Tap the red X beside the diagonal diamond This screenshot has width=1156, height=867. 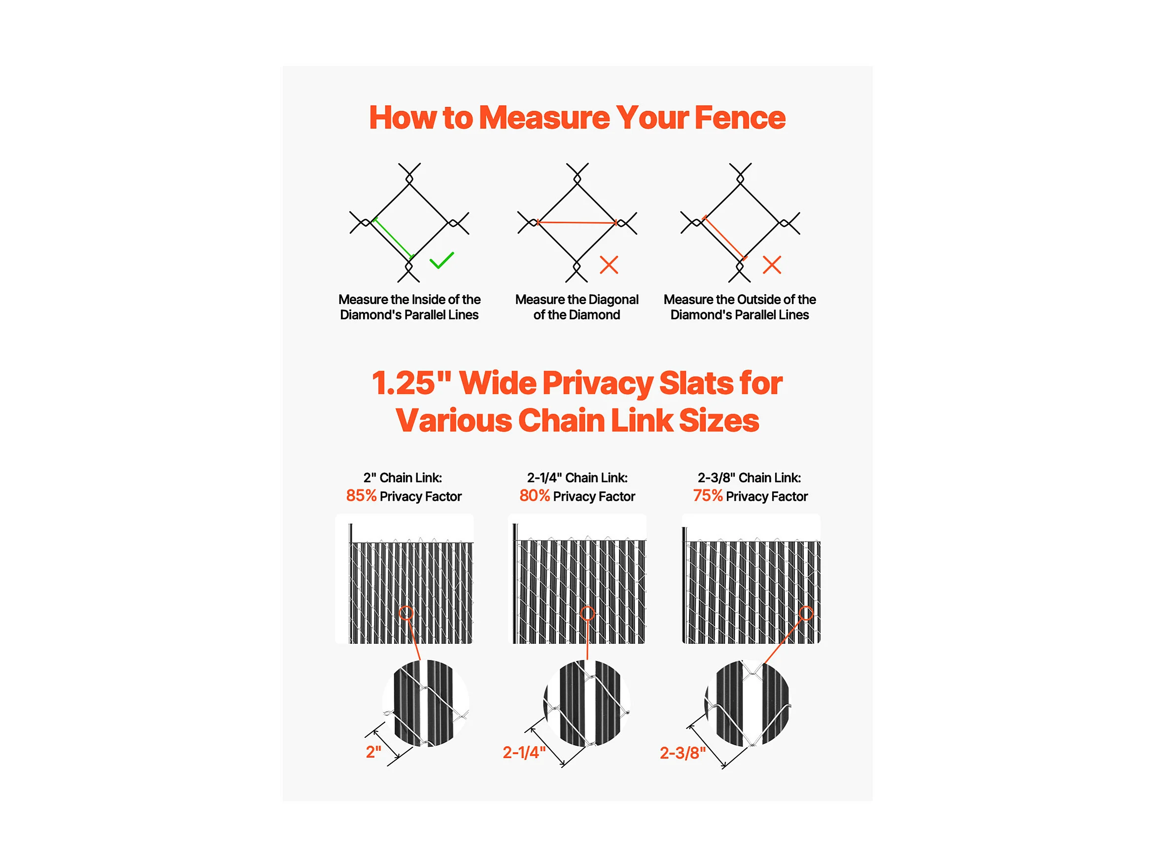pyautogui.click(x=609, y=265)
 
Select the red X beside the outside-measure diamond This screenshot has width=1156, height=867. pyautogui.click(x=772, y=265)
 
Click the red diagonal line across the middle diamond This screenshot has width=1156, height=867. pyautogui.click(x=577, y=223)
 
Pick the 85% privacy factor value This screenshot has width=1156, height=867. pyautogui.click(x=361, y=495)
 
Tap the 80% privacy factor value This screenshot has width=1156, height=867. pyautogui.click(x=534, y=495)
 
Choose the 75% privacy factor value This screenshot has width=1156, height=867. pyautogui.click(x=708, y=495)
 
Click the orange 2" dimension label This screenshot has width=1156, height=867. pyautogui.click(x=373, y=752)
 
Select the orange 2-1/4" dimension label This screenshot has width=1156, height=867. pyautogui.click(x=524, y=753)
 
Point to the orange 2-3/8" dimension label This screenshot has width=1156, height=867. pyautogui.click(x=682, y=753)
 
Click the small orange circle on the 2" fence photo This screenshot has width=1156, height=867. pyautogui.click(x=406, y=614)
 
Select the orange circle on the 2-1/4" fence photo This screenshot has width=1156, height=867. pyautogui.click(x=587, y=614)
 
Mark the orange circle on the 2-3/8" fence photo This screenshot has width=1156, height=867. pyautogui.click(x=806, y=614)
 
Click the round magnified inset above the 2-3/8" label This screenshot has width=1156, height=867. pyautogui.click(x=748, y=703)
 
